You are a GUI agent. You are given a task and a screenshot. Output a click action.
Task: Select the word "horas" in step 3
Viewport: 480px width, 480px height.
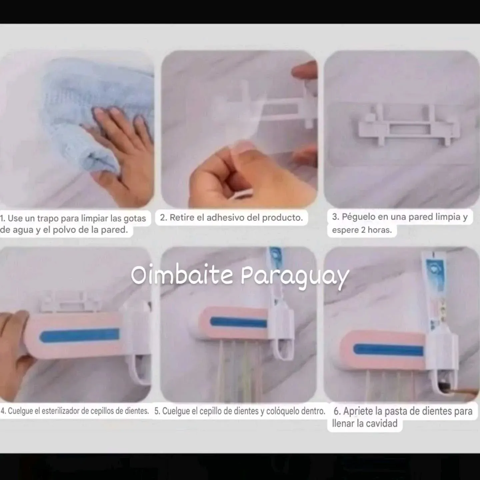click(x=380, y=230)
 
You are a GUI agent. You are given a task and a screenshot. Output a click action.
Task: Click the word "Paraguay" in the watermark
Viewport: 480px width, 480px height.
click(x=295, y=276)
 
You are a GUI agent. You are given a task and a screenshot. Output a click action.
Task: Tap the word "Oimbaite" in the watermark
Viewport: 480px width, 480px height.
click(x=182, y=275)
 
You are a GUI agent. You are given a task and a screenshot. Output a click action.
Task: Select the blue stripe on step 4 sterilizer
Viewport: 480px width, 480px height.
click(x=80, y=335)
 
